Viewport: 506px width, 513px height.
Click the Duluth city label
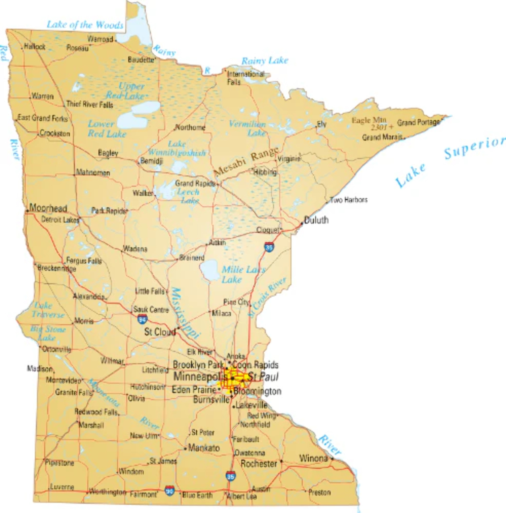point(316,220)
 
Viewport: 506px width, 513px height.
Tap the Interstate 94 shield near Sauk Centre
point(142,319)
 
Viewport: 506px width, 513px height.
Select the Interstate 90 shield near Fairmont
point(170,491)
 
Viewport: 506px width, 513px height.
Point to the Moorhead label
point(48,208)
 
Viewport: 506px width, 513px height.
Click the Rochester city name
point(259,464)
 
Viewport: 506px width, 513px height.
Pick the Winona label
point(313,458)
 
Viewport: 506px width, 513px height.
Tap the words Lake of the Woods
point(85,25)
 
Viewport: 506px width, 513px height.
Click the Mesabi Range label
point(247,162)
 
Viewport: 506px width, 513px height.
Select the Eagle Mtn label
point(369,120)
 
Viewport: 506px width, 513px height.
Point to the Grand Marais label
point(382,137)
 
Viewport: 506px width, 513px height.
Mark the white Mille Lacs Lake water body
point(209,270)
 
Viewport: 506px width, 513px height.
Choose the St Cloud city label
point(160,332)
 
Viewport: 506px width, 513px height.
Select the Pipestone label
point(60,463)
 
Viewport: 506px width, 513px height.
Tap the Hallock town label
point(35,47)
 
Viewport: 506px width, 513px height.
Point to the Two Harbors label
point(348,200)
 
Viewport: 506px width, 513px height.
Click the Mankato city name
point(204,448)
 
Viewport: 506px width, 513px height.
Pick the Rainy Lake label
point(265,61)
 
